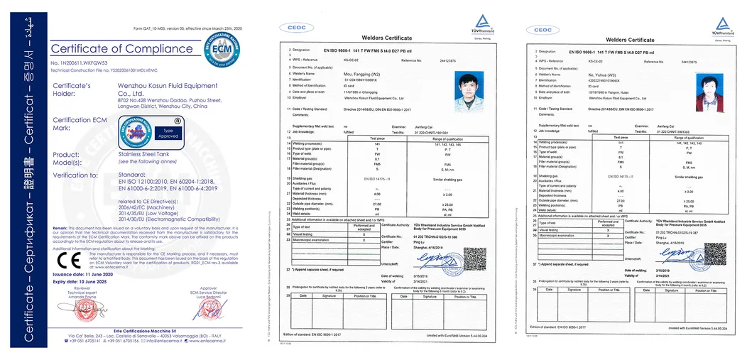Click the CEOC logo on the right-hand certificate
[542, 30]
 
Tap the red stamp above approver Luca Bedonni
[198, 311]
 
